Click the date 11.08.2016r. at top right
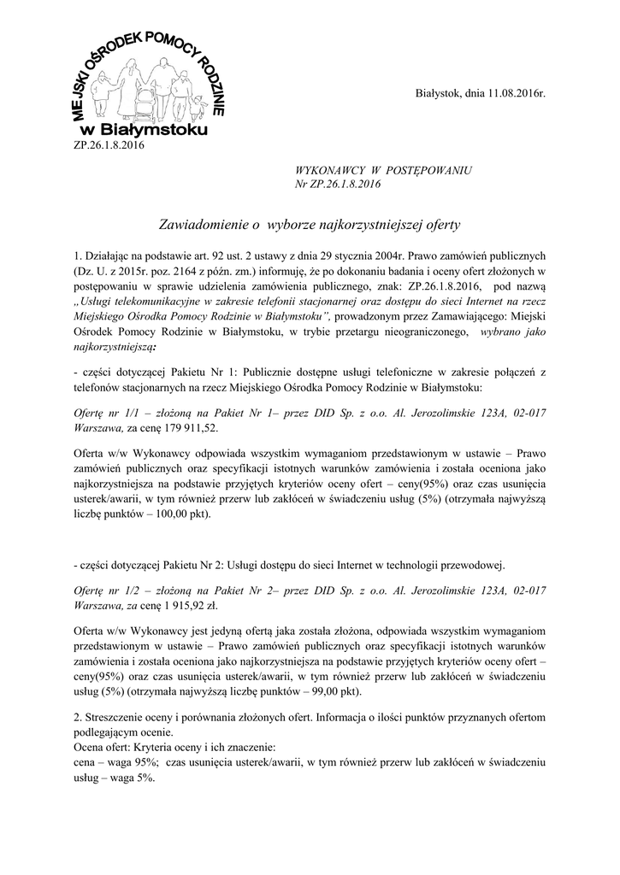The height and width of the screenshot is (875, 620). [505, 91]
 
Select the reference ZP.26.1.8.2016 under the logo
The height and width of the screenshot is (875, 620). [105, 145]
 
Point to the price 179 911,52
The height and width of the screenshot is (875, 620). [187, 426]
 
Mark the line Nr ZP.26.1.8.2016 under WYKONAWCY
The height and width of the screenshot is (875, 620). [338, 185]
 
